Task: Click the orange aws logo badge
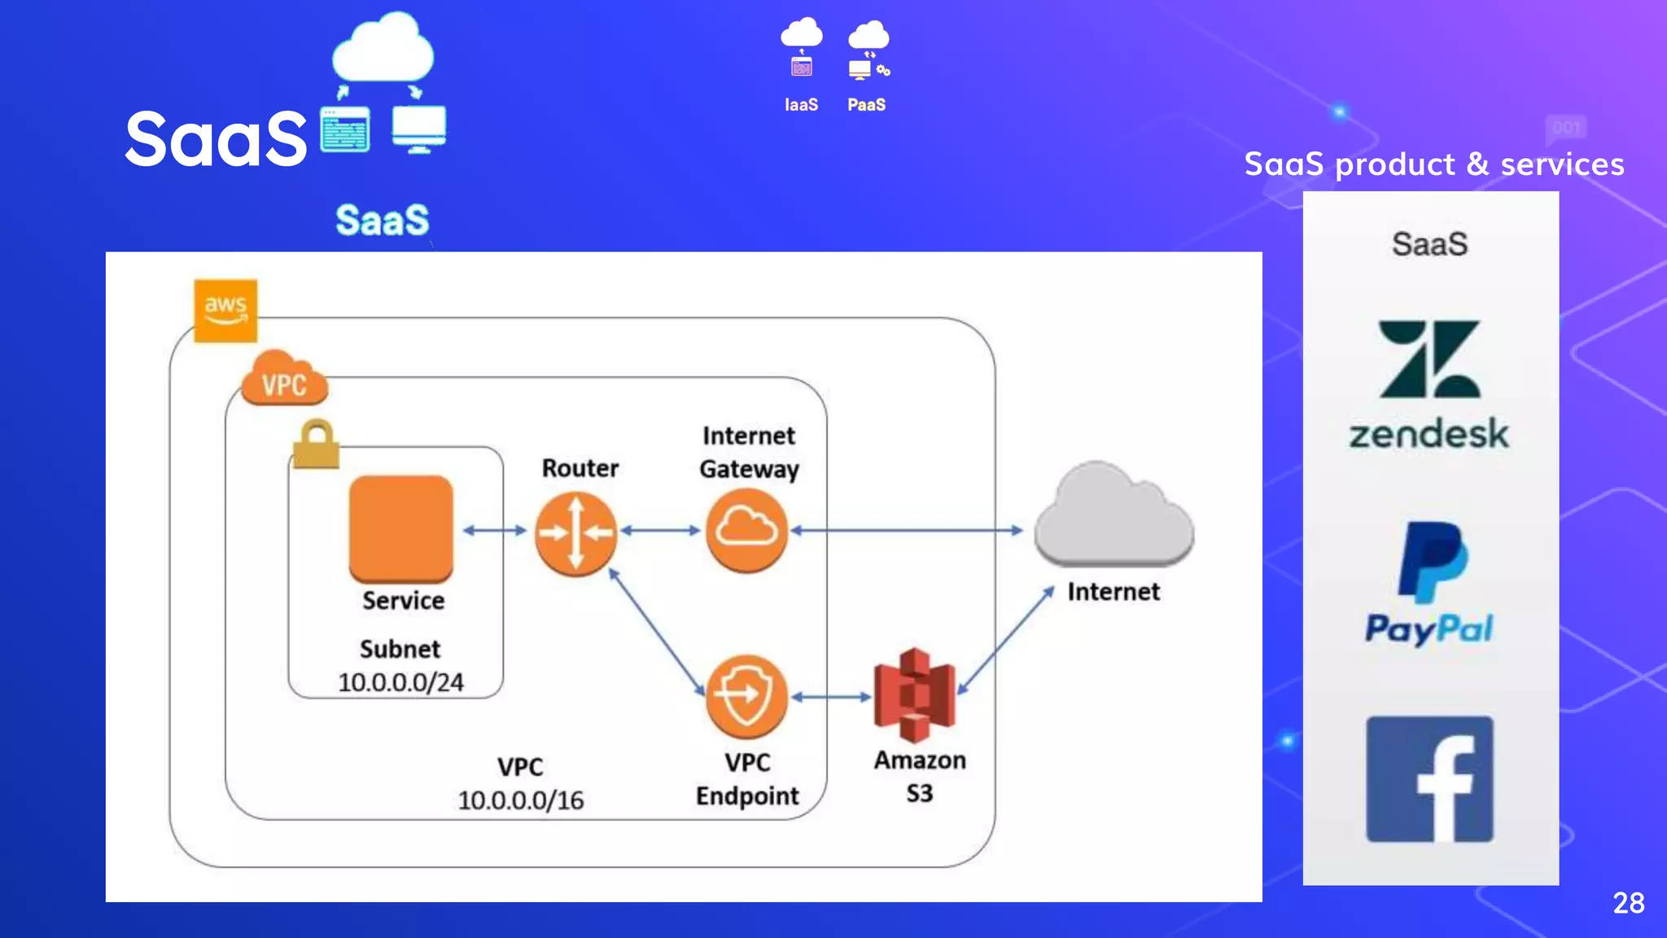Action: pyautogui.click(x=225, y=310)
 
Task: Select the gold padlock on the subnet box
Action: pyautogui.click(x=316, y=445)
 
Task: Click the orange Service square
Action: pyautogui.click(x=400, y=528)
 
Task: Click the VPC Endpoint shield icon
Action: pyautogui.click(x=746, y=696)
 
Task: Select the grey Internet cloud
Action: pyautogui.click(x=1114, y=517)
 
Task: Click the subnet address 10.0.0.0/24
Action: pyautogui.click(x=400, y=682)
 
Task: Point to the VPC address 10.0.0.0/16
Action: pyautogui.click(x=521, y=800)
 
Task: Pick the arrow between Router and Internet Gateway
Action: pyautogui.click(x=660, y=531)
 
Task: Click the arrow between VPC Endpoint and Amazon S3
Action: pyautogui.click(x=831, y=697)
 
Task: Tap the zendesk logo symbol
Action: pyautogui.click(x=1429, y=359)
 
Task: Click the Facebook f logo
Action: pyautogui.click(x=1430, y=779)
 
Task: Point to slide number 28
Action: pyautogui.click(x=1628, y=903)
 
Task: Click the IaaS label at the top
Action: pyautogui.click(x=801, y=105)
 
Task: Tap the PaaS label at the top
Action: pyautogui.click(x=866, y=105)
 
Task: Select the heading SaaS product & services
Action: pyautogui.click(x=1434, y=164)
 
